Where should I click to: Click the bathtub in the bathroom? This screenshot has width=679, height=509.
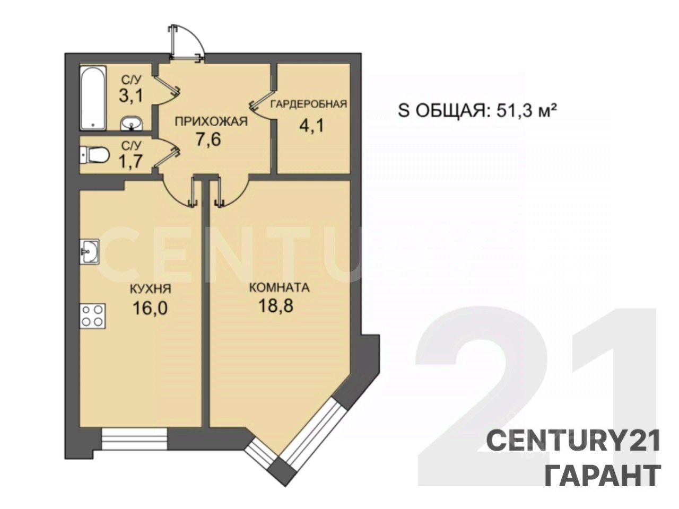[93, 98]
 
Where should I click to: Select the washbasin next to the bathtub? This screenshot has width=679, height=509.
[131, 124]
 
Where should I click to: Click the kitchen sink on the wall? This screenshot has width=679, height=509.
[90, 251]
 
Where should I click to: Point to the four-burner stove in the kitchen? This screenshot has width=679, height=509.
[92, 316]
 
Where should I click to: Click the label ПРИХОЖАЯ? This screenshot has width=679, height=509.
[211, 121]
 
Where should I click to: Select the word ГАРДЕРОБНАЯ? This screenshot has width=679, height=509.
[308, 104]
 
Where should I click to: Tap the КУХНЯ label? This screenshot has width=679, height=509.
[150, 289]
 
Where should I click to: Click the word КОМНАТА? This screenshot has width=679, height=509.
[279, 288]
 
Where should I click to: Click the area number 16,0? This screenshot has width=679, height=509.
[150, 308]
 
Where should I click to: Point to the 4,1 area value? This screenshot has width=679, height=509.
[311, 126]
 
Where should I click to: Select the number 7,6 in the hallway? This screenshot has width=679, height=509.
[208, 139]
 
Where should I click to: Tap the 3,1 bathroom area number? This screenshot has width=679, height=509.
[131, 95]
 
